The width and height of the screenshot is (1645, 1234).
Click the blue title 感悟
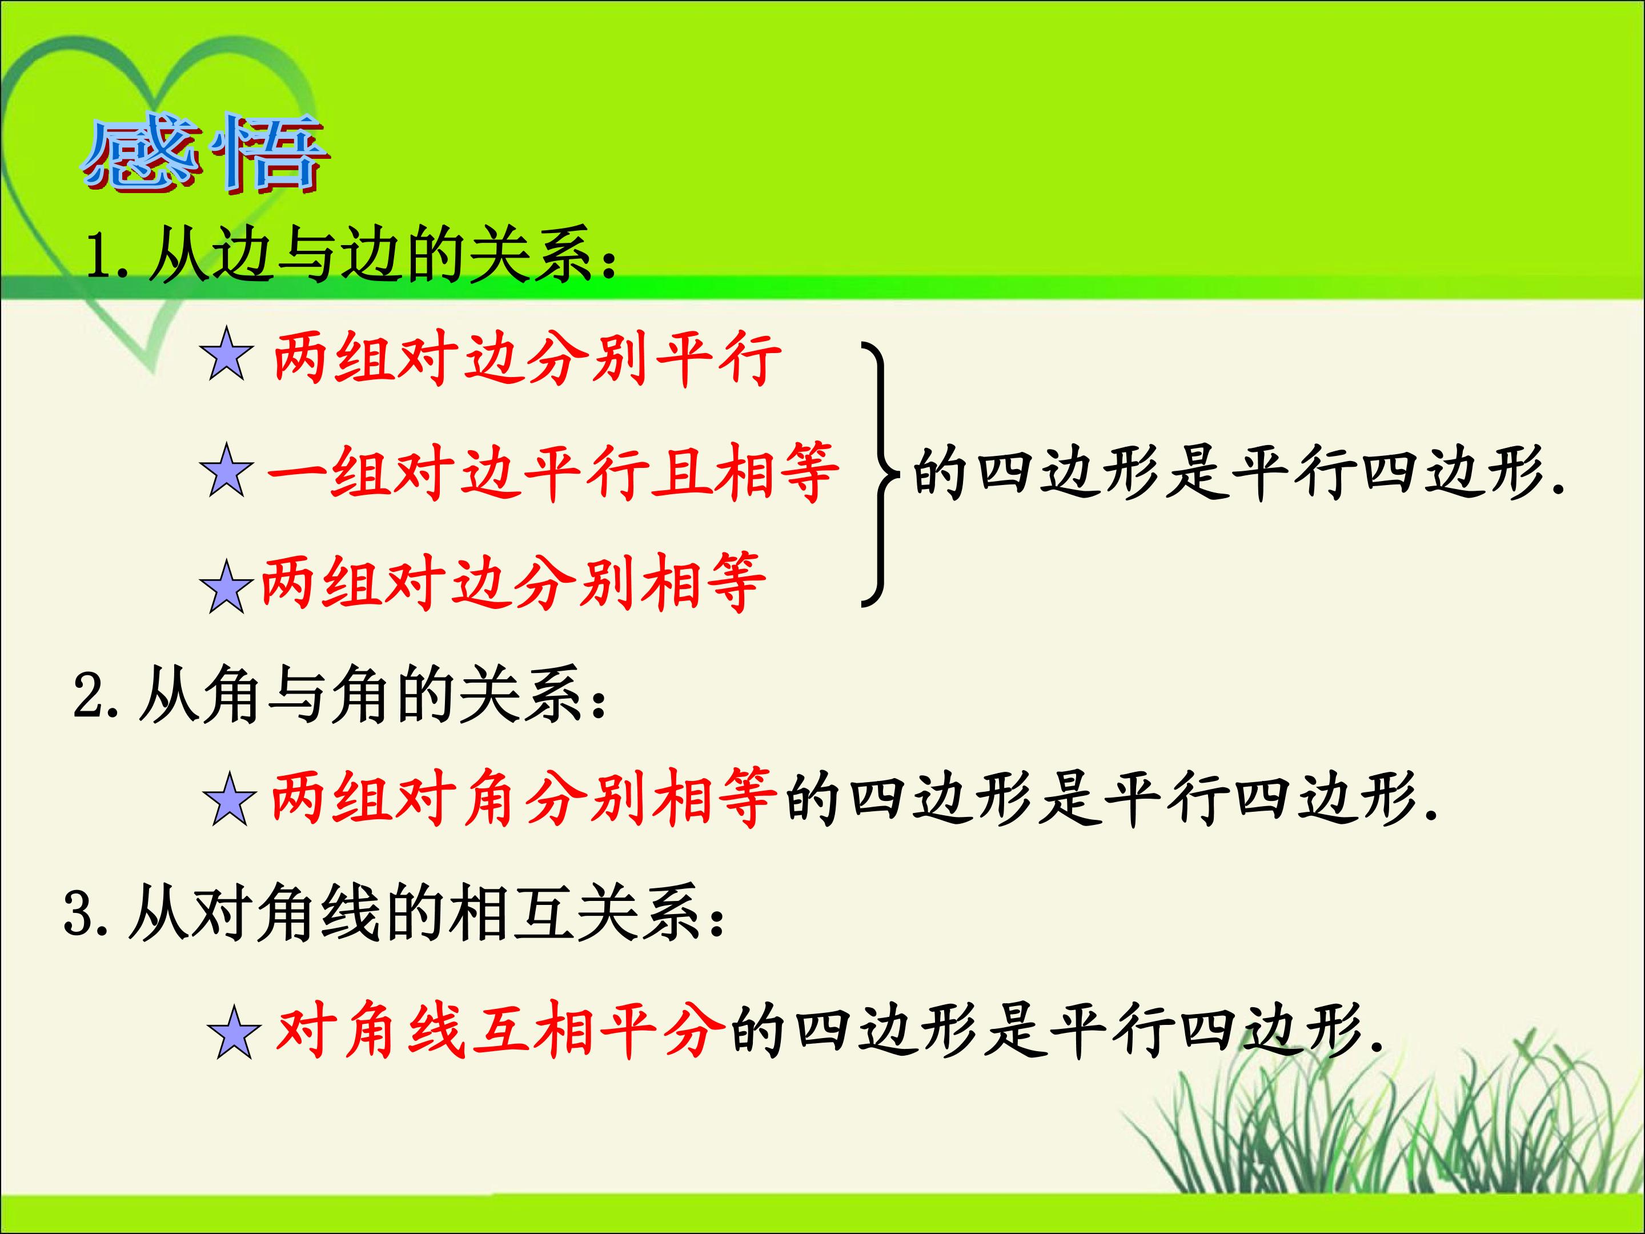tap(204, 154)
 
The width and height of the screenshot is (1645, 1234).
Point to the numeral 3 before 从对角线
tap(79, 913)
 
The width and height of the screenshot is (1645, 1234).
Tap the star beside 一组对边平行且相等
tap(227, 470)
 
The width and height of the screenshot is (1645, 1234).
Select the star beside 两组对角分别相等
tap(230, 798)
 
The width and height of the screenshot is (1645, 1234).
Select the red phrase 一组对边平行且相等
tap(552, 471)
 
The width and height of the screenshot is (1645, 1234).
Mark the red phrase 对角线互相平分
tap(500, 1029)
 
